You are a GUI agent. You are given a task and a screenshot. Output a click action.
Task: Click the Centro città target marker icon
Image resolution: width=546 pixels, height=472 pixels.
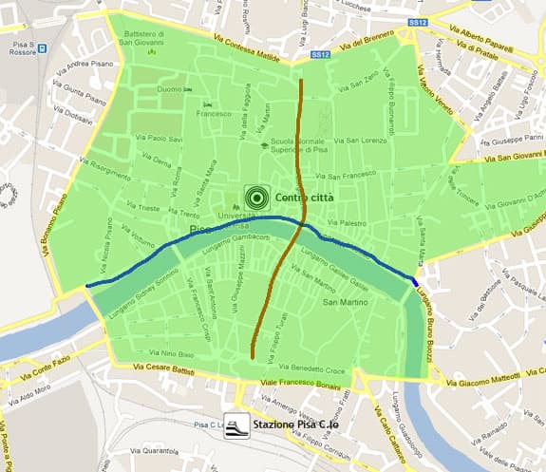click(x=254, y=197)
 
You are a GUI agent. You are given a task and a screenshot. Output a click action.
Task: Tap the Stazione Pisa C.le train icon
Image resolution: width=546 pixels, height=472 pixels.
click(x=235, y=425)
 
